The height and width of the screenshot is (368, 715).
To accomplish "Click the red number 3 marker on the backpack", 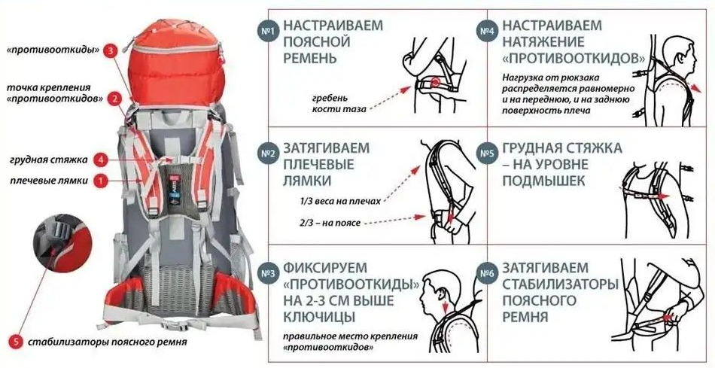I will [111, 51].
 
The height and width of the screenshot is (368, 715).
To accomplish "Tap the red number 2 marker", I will [114, 98].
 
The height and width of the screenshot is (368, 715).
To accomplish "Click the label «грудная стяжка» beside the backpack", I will [49, 160].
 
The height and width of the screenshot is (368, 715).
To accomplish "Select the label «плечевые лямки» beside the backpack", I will [49, 181].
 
